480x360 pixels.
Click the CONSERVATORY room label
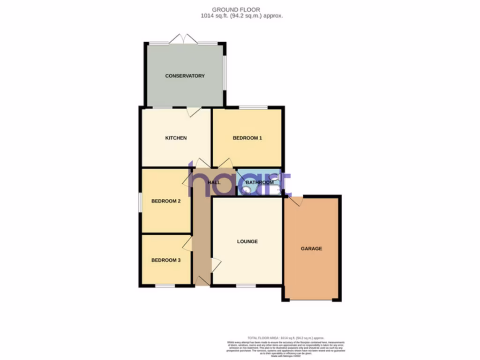[x=185, y=76]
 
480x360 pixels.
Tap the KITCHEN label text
[x=176, y=138]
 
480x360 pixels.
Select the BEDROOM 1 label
[x=247, y=138]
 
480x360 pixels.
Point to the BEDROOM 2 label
[x=166, y=201]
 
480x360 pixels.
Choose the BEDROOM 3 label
[x=165, y=260]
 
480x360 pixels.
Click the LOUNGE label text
[x=247, y=241]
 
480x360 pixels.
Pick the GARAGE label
[x=311, y=248]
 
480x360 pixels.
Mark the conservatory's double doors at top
[x=183, y=39]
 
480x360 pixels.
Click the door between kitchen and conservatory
[x=194, y=112]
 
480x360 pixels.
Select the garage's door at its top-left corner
[x=295, y=201]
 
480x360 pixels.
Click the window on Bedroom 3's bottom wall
[x=165, y=285]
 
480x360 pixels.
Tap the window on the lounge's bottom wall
[x=246, y=285]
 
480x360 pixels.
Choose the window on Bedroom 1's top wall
[x=253, y=107]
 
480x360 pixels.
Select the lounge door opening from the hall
[x=216, y=265]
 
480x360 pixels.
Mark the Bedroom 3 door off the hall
[x=187, y=243]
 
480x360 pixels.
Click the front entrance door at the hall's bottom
[x=202, y=281]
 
